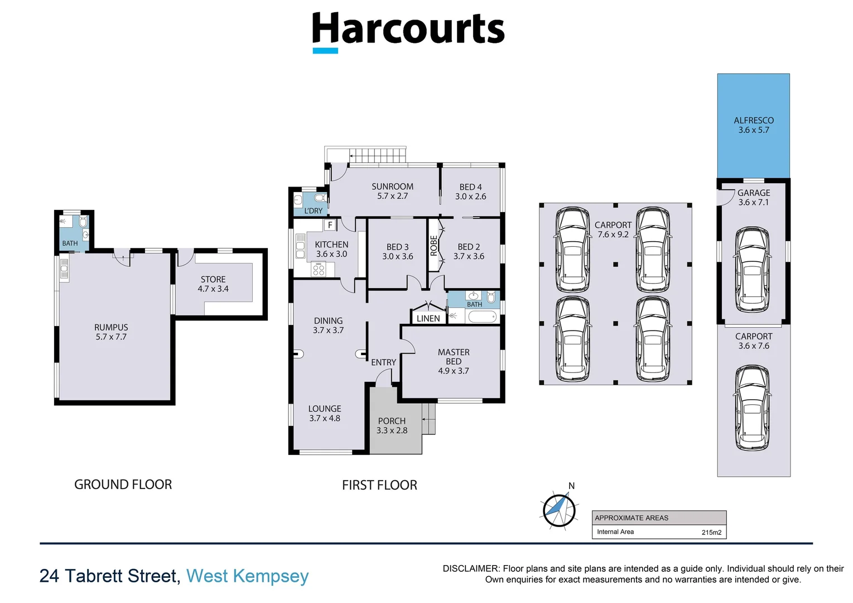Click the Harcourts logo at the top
408,31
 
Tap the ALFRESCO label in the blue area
753,125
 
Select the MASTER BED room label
453,361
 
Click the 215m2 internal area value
711,532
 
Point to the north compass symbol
559,509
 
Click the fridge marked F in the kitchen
330,225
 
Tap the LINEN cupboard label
428,318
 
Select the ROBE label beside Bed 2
433,246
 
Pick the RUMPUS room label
111,332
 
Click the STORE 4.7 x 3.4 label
213,284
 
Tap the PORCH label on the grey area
392,425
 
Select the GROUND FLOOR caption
123,485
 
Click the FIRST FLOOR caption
379,485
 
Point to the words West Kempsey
247,576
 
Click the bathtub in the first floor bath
482,317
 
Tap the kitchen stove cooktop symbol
319,270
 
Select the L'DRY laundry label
313,210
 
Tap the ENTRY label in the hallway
383,362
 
